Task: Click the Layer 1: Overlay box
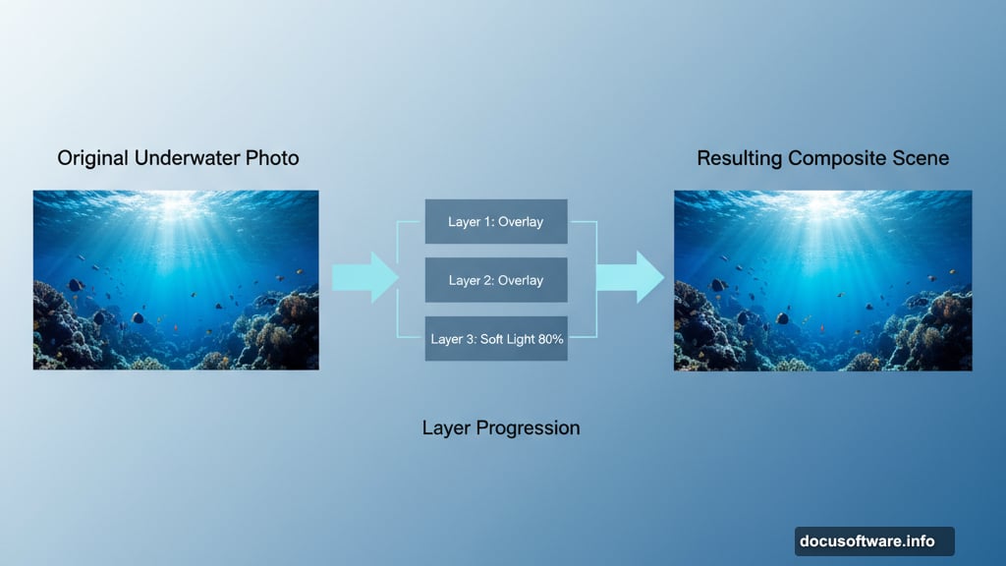(x=496, y=222)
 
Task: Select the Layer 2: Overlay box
(x=496, y=280)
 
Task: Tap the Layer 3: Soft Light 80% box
(x=496, y=339)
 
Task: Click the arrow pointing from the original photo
(x=364, y=277)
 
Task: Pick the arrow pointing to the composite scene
(x=630, y=277)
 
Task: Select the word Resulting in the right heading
(x=740, y=158)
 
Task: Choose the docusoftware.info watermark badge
(x=873, y=541)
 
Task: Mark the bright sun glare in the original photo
(x=178, y=204)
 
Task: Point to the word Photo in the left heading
(x=272, y=158)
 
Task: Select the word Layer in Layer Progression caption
(x=445, y=428)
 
